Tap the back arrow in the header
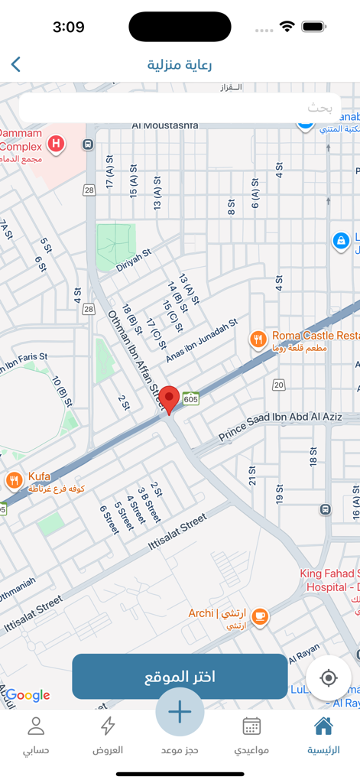tap(16, 64)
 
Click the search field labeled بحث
tap(180, 108)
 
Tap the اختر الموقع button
tap(180, 677)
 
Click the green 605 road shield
tap(191, 399)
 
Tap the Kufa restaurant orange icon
tap(14, 480)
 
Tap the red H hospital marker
tap(56, 143)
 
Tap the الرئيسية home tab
tap(323, 736)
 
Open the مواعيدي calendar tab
tap(251, 736)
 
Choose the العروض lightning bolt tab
tap(108, 736)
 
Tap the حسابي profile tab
tap(36, 736)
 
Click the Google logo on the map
tap(28, 695)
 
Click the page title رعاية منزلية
tap(180, 64)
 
